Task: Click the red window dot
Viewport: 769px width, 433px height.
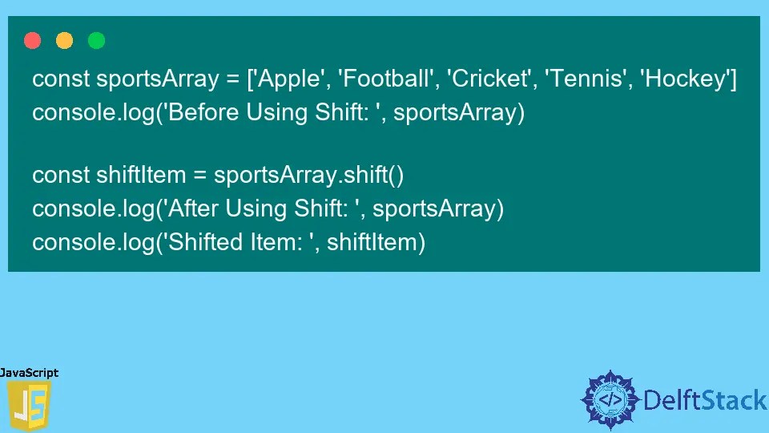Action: point(33,40)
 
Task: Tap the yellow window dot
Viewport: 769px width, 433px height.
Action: point(65,40)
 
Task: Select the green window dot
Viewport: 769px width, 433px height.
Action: point(96,40)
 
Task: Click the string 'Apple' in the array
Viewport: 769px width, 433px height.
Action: point(285,80)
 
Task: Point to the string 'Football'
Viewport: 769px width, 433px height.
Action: point(382,80)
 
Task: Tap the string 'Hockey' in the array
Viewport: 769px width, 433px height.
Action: point(683,80)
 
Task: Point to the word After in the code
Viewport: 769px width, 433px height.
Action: point(192,208)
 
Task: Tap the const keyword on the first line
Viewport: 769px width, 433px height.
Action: point(61,80)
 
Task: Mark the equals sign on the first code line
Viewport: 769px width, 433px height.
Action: point(232,81)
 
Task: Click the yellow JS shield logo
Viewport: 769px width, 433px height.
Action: point(28,406)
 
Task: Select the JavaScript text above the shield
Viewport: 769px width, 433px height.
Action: point(29,373)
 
